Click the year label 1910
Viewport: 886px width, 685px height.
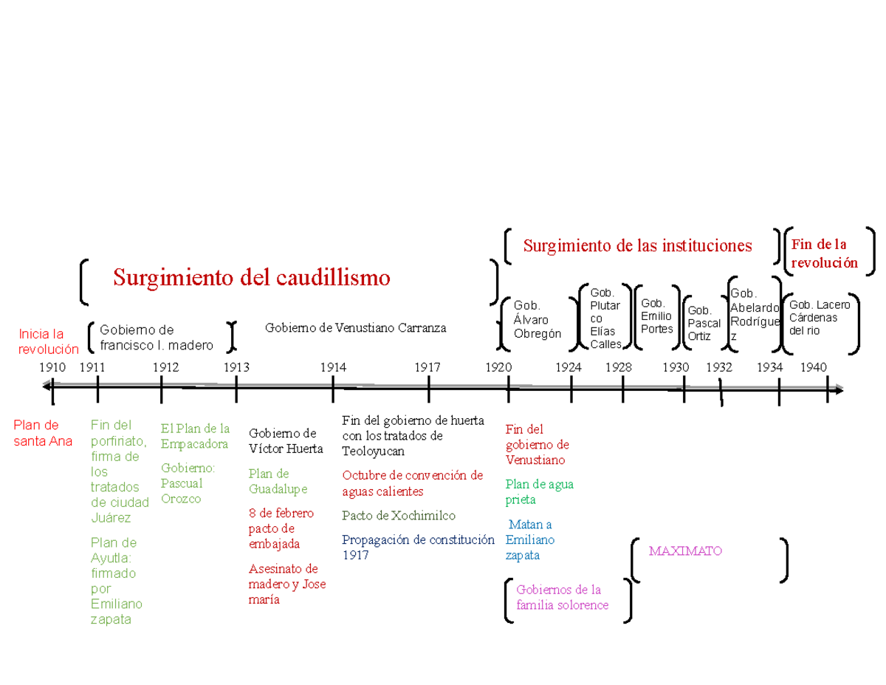[x=52, y=367]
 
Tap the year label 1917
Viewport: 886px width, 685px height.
[x=427, y=367]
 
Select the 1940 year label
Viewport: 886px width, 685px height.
[x=814, y=367]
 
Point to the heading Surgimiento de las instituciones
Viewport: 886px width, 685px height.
[x=638, y=246]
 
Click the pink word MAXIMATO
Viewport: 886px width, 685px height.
[x=685, y=551]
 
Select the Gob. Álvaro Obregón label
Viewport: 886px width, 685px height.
[x=537, y=319]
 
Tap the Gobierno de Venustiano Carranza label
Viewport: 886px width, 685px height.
[x=356, y=327]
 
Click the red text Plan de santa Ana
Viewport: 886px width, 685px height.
[x=43, y=433]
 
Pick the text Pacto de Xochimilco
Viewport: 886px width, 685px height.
[x=399, y=516]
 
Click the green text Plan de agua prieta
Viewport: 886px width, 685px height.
[x=539, y=492]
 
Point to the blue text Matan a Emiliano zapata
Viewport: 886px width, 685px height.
[x=529, y=539]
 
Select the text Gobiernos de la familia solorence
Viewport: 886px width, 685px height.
[x=563, y=597]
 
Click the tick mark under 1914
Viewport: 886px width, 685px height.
[x=333, y=389]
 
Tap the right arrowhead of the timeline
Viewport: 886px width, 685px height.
[x=839, y=390]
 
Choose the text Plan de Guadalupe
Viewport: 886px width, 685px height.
[x=278, y=481]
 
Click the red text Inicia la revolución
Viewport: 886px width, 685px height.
[x=49, y=342]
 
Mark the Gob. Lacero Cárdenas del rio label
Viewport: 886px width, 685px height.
[x=820, y=318]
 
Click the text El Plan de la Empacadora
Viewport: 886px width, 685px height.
[x=195, y=436]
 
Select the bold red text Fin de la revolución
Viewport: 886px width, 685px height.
[x=825, y=253]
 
